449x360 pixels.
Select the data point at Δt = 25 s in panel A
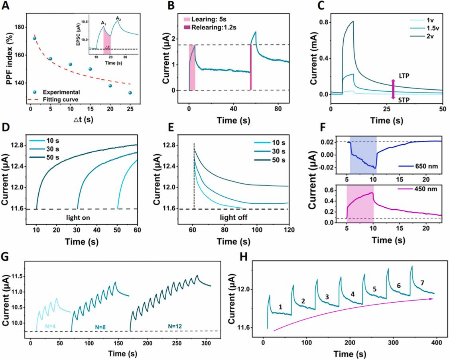130,93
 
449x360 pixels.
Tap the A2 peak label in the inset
118,18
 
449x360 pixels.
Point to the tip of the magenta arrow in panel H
433,299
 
